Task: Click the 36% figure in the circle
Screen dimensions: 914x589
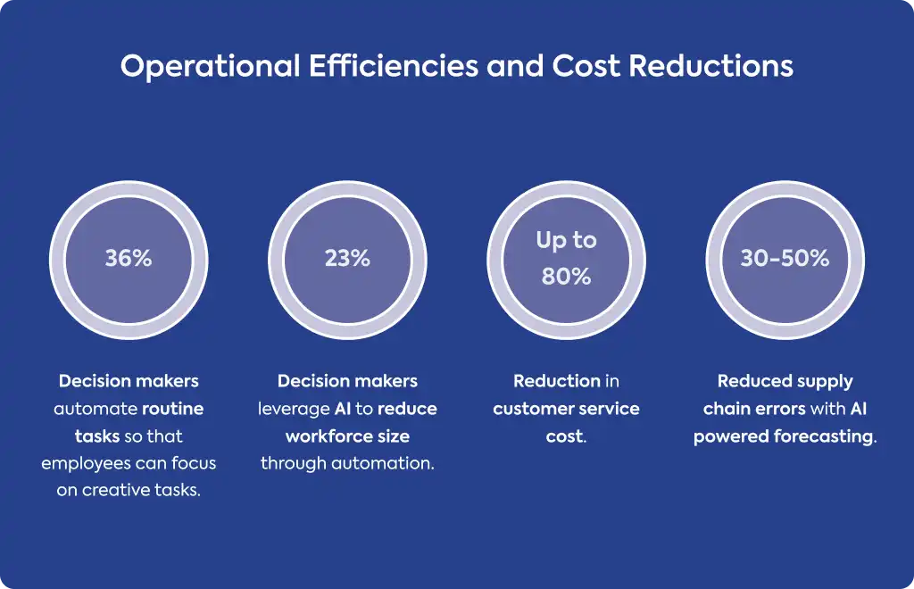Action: [129, 258]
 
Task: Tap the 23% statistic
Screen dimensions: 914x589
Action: [347, 258]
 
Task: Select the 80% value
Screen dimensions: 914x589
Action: [566, 276]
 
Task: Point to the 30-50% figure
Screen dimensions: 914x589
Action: [785, 258]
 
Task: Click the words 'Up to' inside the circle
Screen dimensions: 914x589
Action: [566, 241]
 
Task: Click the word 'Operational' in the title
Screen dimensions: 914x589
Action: [211, 66]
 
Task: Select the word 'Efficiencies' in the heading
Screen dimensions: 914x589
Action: [394, 65]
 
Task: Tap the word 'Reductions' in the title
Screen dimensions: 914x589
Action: [711, 66]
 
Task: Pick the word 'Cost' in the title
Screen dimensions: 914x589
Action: [586, 66]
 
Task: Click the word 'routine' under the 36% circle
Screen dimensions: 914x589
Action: [172, 409]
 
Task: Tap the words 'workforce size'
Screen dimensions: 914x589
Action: [347, 436]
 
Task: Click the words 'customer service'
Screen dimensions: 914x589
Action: [566, 409]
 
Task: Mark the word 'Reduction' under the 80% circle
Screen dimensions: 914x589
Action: [557, 381]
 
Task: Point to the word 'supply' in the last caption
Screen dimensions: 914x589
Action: [825, 382]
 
